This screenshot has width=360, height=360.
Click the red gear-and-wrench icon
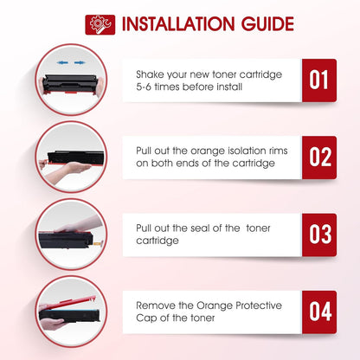100,25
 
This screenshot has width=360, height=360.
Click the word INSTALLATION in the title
178,24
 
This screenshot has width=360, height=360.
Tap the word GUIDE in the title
267,24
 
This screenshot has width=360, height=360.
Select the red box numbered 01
319,80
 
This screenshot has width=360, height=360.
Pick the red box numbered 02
319,157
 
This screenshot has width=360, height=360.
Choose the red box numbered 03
319,235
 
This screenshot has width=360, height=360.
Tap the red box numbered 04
319,312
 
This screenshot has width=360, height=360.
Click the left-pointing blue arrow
62,62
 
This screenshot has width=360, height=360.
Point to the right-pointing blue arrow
80,62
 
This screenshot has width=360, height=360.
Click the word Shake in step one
150,74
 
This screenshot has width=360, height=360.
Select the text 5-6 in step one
144,87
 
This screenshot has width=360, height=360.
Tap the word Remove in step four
156,305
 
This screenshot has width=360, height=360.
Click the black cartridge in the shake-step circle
70,83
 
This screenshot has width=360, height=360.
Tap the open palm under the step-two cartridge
74,167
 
